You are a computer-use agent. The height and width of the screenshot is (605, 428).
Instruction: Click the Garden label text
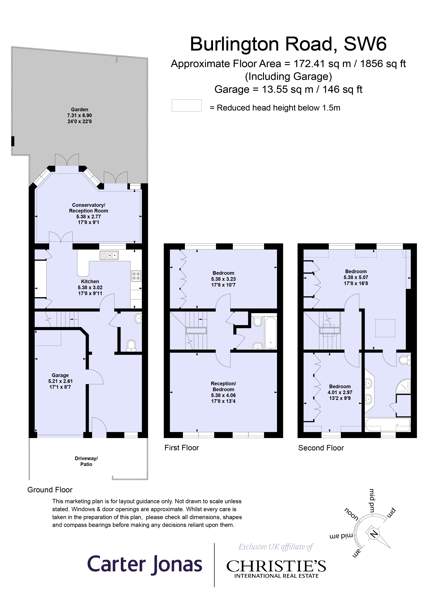(79, 109)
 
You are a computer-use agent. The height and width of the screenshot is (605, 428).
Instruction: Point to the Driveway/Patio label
(86, 461)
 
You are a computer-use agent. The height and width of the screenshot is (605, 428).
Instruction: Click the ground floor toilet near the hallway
(131, 346)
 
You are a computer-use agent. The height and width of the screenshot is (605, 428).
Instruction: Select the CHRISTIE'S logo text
(276, 566)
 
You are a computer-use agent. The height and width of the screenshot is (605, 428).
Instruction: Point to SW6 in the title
(365, 44)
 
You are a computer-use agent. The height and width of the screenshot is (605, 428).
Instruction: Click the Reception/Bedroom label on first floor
(223, 386)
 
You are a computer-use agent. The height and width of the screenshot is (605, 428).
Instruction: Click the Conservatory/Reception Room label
(88, 208)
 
